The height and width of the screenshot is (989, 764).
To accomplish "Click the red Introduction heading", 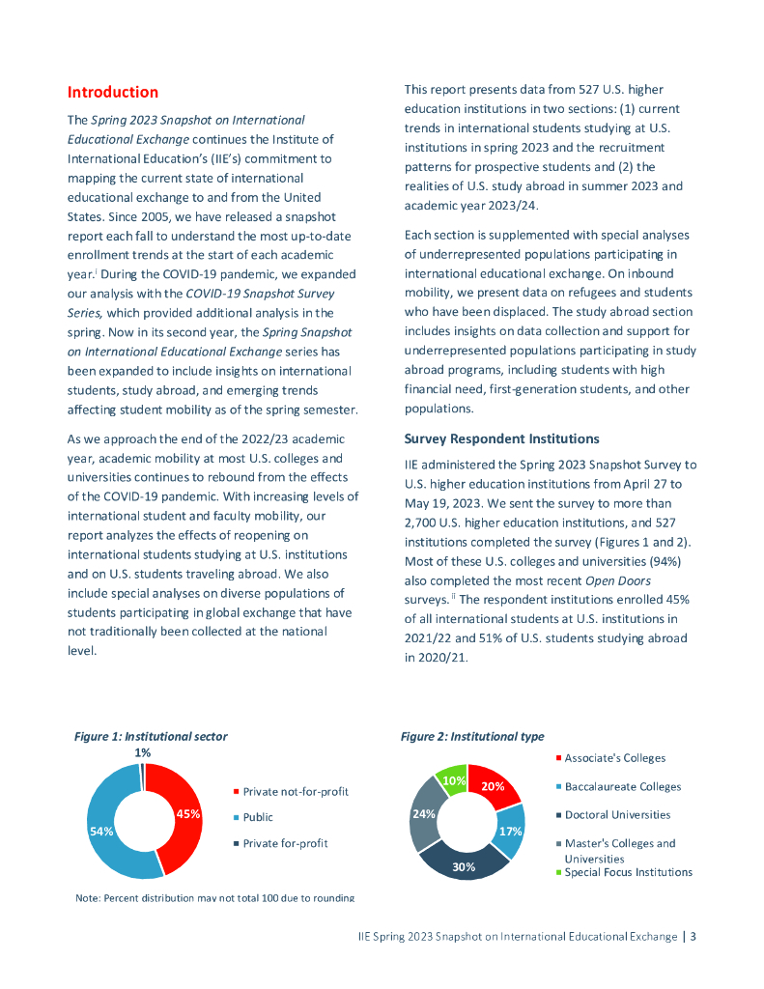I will [112, 93].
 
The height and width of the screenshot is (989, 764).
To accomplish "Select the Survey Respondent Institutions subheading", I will [501, 439].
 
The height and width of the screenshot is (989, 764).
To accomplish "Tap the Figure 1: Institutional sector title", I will [151, 736].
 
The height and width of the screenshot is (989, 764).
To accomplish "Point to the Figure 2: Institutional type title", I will [472, 737].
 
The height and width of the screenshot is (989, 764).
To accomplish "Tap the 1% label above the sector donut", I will [142, 752].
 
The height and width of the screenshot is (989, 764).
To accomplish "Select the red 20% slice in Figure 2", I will [495, 785].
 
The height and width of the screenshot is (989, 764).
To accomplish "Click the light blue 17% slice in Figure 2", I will [510, 832].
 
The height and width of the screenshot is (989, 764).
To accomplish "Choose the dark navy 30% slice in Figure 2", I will [466, 864].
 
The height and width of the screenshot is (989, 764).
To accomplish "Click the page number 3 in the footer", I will [693, 936].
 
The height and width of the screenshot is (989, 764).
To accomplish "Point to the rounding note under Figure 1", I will [214, 898].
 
